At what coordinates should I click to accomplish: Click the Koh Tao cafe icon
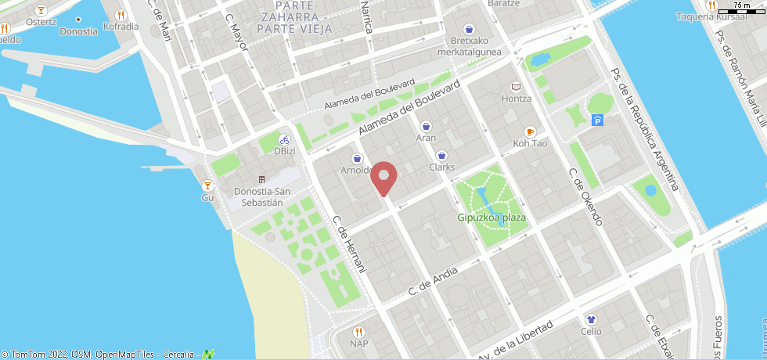[x=530, y=131]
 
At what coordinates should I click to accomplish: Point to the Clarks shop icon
[x=442, y=155]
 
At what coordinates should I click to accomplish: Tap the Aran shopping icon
[x=426, y=125]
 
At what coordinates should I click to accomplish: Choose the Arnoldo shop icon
[x=356, y=157]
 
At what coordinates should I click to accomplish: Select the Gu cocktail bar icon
[x=207, y=185]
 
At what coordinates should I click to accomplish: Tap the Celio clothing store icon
[x=592, y=319]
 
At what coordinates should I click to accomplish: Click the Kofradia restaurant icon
[x=120, y=14]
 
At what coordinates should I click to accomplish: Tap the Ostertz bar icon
[x=41, y=10]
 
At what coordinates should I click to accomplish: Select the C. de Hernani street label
[x=350, y=244]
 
